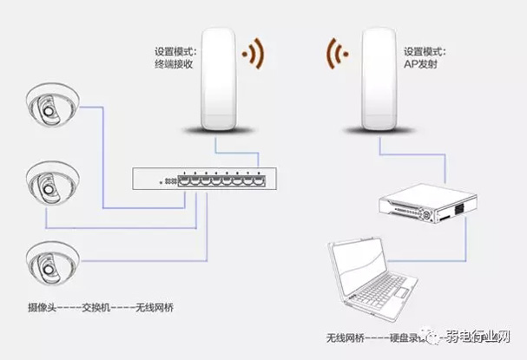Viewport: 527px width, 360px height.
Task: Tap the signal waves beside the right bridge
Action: click(x=339, y=54)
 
